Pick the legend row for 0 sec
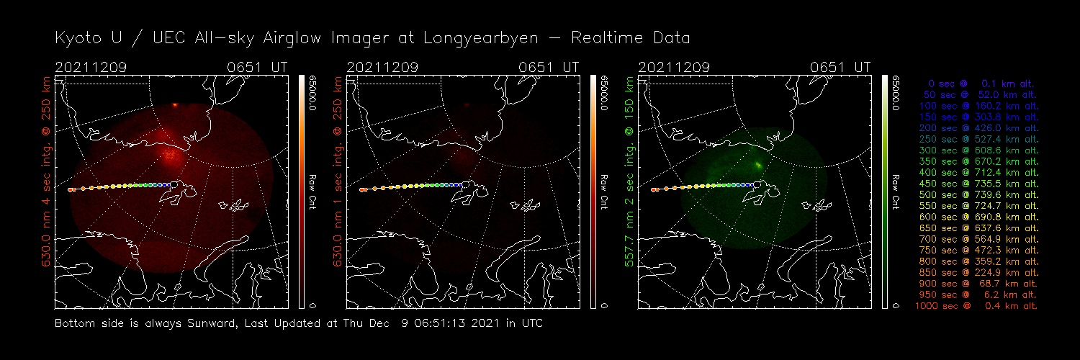[978, 84]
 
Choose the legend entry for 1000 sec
[976, 306]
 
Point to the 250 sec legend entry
[978, 140]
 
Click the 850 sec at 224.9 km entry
[978, 273]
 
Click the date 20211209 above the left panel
[91, 67]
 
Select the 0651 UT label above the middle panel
[549, 67]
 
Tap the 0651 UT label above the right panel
[840, 67]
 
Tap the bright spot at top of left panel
[175, 106]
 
